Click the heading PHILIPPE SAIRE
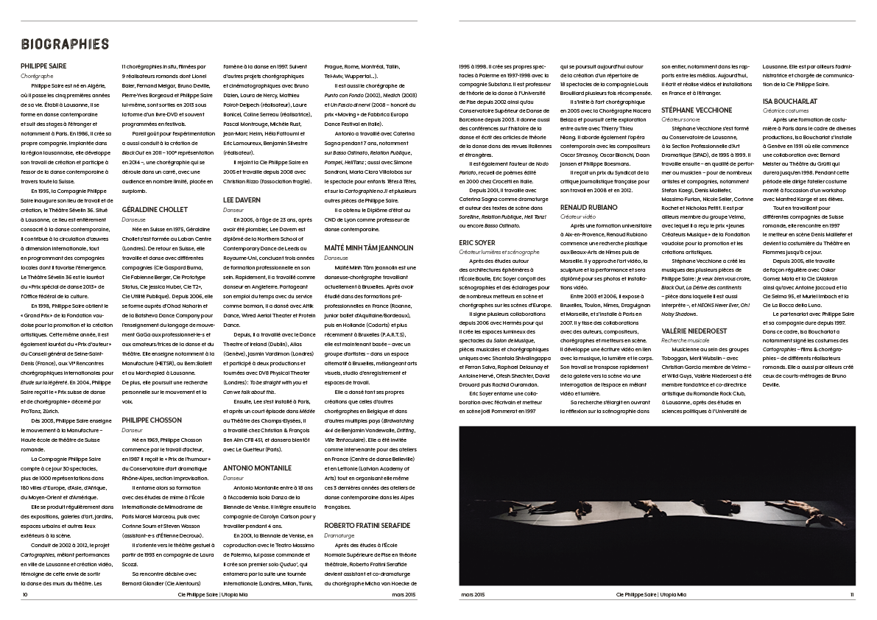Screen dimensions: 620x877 (x=43, y=66)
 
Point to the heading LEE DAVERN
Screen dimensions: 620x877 (x=242, y=200)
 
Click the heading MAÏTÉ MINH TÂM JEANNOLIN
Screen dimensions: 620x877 (x=369, y=248)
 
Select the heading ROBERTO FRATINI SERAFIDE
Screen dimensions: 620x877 (x=367, y=526)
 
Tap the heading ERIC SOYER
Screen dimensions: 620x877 (x=477, y=242)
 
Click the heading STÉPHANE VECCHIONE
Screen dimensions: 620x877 (x=697, y=110)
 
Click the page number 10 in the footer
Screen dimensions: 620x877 (x=25, y=593)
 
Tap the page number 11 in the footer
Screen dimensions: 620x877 (x=851, y=593)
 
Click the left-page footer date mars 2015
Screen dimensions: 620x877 (x=404, y=593)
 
